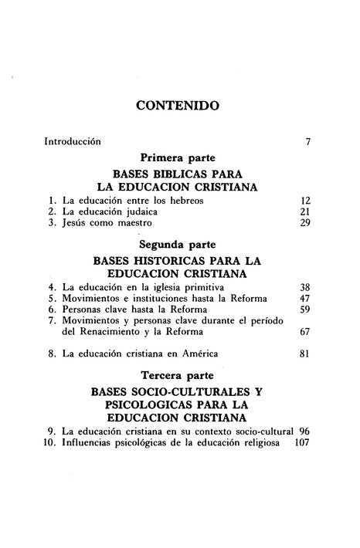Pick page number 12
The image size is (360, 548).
click(x=304, y=200)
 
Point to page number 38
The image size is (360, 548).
click(x=304, y=286)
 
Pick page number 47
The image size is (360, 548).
click(x=304, y=298)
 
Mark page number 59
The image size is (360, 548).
click(x=304, y=310)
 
